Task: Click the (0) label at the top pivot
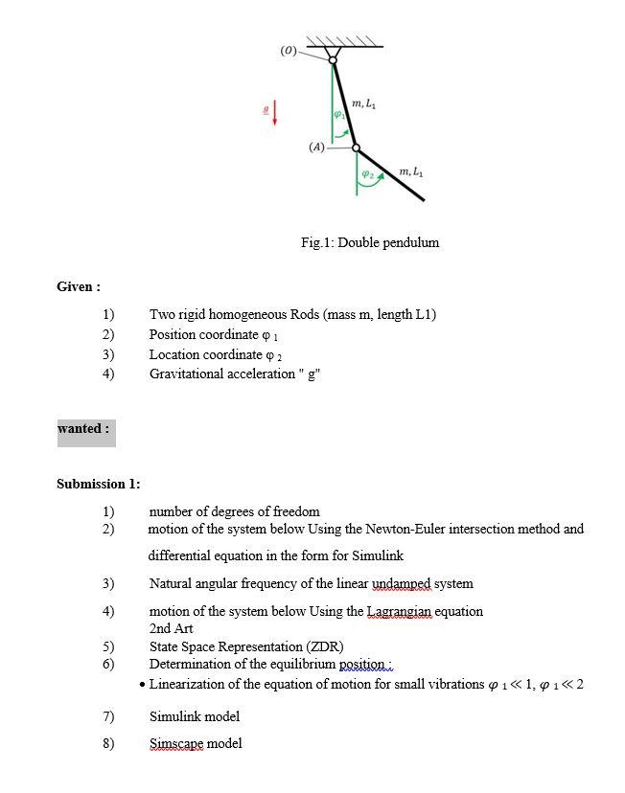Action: click(288, 50)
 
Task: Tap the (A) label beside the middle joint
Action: click(316, 147)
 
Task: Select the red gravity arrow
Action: click(275, 113)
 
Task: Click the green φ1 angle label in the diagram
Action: click(338, 115)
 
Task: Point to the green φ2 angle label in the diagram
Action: click(367, 174)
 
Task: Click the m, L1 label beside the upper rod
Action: click(363, 103)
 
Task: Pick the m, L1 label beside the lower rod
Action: click(411, 171)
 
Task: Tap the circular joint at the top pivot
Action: click(333, 60)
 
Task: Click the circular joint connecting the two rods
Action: click(357, 148)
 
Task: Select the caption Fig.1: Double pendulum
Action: click(370, 242)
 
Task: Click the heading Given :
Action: click(79, 286)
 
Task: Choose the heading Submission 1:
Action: click(98, 484)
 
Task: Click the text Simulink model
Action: click(195, 716)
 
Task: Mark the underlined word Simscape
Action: click(176, 743)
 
